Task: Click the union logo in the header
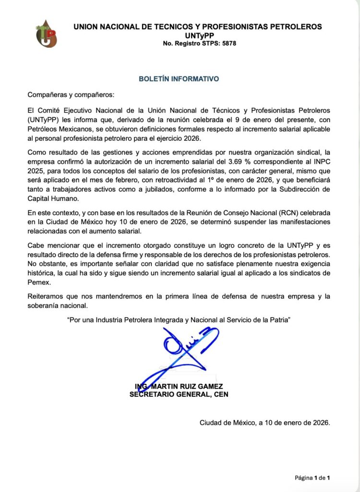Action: (x=47, y=33)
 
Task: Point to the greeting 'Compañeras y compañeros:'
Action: (x=71, y=95)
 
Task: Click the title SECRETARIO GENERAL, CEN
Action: (x=179, y=394)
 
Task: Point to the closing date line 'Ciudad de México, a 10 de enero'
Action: (x=264, y=423)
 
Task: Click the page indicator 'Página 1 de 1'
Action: (x=312, y=478)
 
